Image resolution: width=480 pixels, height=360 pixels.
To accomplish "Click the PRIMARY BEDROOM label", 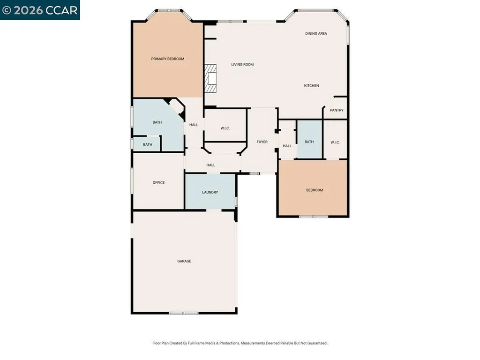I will (167, 59).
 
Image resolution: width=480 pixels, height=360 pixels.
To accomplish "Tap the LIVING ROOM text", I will (242, 65).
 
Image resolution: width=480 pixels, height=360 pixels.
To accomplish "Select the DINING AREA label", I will (316, 34).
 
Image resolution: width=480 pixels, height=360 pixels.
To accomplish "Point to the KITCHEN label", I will (311, 86).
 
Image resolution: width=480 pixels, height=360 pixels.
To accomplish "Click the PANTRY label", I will (337, 111).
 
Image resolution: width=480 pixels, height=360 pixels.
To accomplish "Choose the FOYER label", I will (262, 142).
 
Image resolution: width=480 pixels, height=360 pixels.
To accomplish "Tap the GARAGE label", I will (184, 261).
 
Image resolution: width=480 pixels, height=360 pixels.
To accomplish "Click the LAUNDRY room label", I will (210, 192).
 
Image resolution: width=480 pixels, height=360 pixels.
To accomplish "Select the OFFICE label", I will (158, 183).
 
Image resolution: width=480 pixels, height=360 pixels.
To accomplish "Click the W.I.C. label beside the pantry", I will (335, 142).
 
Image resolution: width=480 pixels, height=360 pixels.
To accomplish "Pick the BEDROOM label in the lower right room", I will (315, 190).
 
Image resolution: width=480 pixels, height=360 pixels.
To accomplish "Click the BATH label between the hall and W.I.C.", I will (309, 142).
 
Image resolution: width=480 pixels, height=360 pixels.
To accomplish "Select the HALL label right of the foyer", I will (287, 146).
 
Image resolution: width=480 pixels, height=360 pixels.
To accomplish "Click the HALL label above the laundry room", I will (211, 165).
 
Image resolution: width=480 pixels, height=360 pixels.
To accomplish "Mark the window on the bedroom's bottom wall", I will (314, 217).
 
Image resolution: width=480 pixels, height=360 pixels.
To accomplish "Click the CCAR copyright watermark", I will (40, 10).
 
